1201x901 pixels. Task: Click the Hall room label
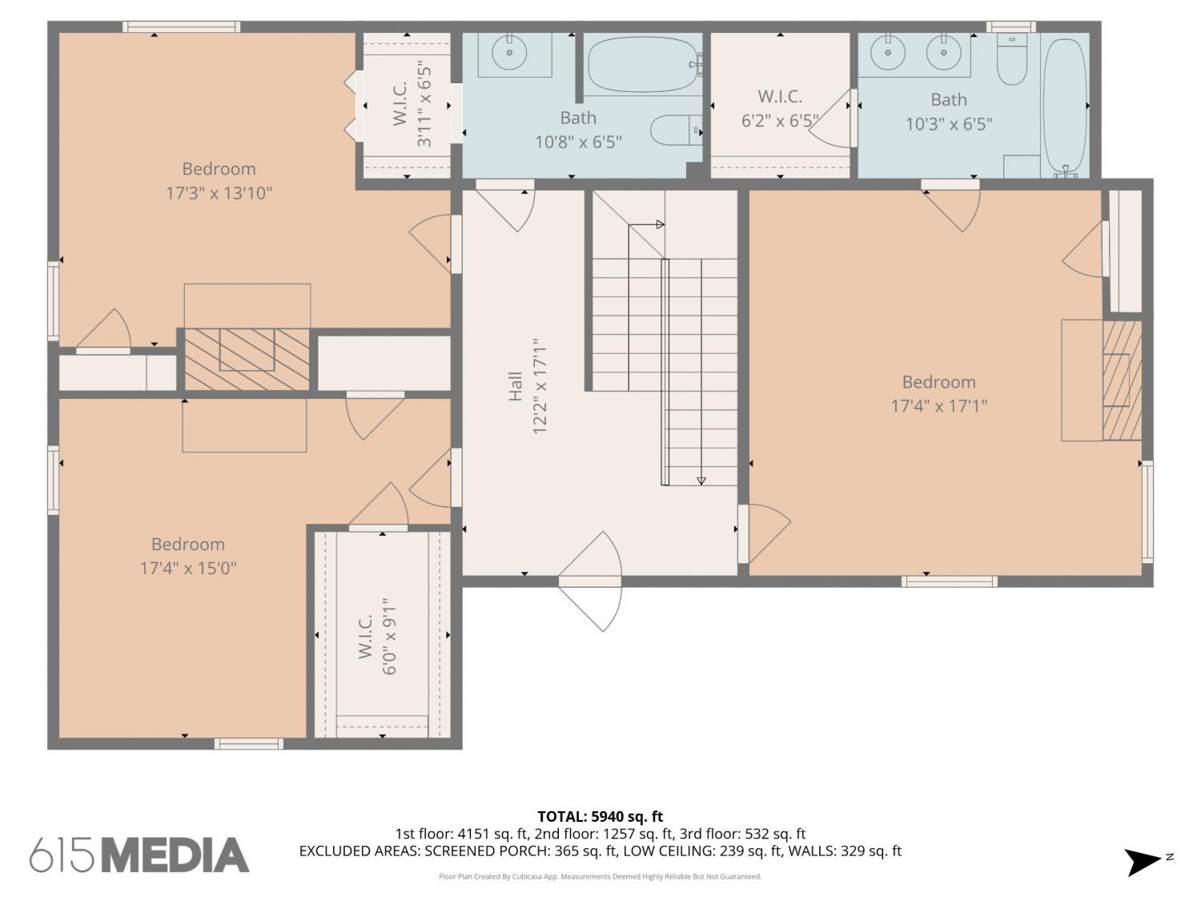coord(516,386)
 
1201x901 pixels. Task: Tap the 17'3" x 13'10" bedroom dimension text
coord(219,193)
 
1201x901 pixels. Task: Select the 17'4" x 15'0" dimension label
coord(188,569)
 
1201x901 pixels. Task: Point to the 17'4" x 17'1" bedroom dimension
coord(939,406)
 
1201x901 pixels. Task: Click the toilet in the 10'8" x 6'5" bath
coord(676,131)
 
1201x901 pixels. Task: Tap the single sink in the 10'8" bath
coord(509,53)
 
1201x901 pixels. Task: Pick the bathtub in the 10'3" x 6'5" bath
coord(1065,107)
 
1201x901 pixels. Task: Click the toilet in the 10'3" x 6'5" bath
coord(1012,58)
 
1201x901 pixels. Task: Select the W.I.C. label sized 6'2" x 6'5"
coord(780,97)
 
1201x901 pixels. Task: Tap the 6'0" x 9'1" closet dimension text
coord(388,636)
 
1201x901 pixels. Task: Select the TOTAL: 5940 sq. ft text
coord(600,817)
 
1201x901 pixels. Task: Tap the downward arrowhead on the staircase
coord(701,481)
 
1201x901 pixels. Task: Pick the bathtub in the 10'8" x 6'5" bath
coord(645,65)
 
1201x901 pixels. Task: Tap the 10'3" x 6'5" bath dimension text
coord(949,124)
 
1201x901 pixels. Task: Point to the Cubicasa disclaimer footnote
coord(600,876)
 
